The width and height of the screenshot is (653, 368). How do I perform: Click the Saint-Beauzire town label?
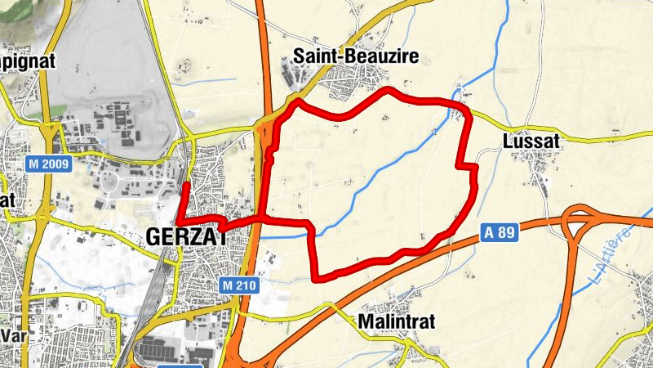coord(356,56)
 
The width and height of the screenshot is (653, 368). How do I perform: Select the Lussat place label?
coord(531,141)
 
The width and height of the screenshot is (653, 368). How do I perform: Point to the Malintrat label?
coord(397,321)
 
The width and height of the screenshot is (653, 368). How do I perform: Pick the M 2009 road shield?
coord(49,164)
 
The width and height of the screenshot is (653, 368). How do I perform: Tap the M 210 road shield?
coord(239,285)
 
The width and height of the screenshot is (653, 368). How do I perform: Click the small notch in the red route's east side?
coord(472,168)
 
